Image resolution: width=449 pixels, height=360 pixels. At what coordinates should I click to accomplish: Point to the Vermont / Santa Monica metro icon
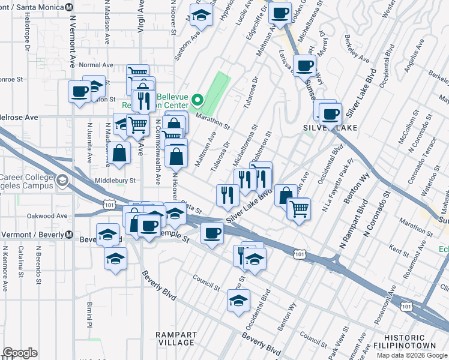[x=69, y=6]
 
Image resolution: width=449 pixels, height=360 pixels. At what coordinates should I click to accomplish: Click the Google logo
[x=20, y=353]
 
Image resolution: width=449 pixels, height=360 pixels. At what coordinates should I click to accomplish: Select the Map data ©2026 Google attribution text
[x=412, y=355]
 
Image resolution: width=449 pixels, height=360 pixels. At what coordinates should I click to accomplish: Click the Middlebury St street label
[x=115, y=180]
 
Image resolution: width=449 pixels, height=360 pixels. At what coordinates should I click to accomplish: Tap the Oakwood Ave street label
[x=46, y=215]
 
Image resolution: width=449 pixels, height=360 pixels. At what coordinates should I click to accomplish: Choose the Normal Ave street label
[x=96, y=65]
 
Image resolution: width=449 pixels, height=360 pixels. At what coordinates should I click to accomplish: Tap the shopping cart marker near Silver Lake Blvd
[x=299, y=209]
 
